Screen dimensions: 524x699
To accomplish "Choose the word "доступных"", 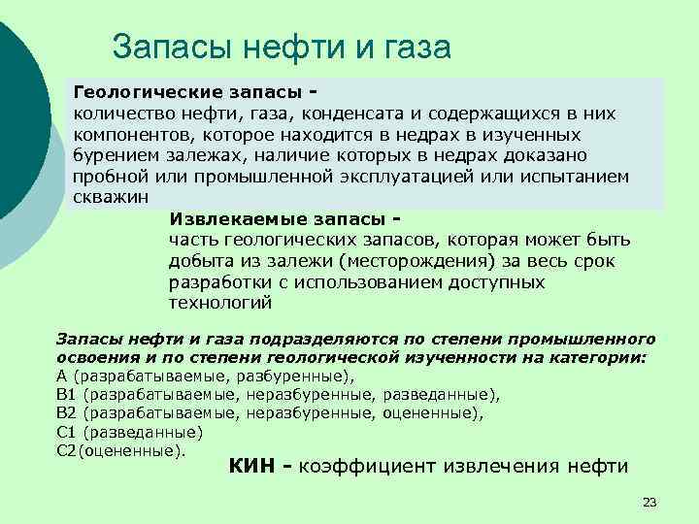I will coord(494,281).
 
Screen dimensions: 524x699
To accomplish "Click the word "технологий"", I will coord(220,303).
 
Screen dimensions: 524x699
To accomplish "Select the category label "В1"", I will coord(67,394).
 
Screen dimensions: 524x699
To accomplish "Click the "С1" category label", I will coord(67,432).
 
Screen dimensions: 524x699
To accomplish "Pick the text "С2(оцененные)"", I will coord(120,450).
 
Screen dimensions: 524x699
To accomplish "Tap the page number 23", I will coord(649,502).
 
